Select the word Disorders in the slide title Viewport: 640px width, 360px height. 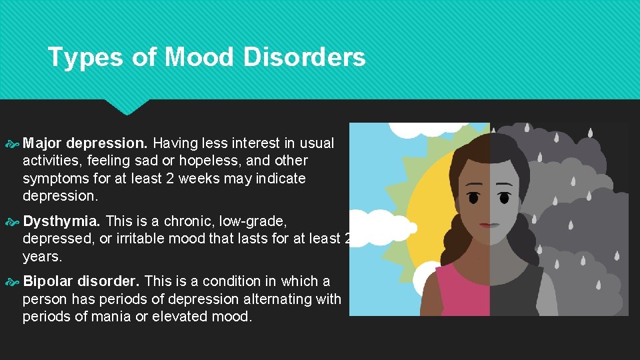tap(304, 57)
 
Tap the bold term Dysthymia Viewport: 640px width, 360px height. tap(61, 221)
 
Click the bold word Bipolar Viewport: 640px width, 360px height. tap(48, 281)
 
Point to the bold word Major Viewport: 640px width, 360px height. tap(43, 143)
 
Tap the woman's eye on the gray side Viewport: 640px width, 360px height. tap(507, 198)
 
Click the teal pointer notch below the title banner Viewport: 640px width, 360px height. tap(127, 107)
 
